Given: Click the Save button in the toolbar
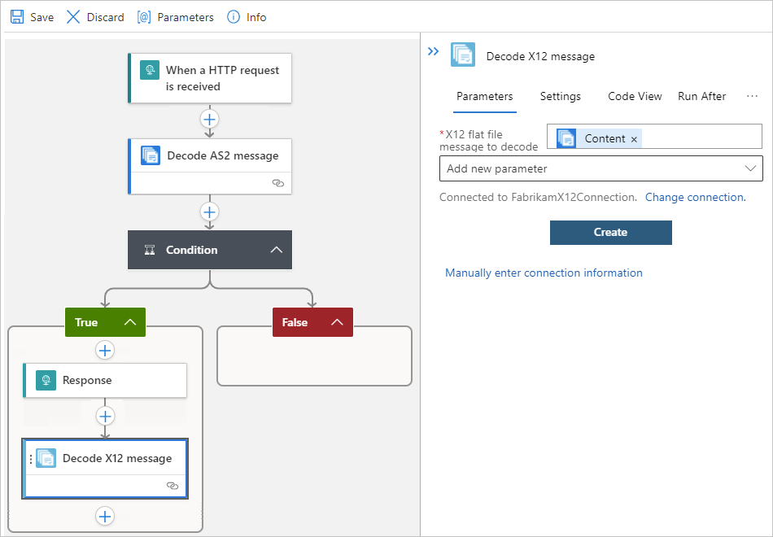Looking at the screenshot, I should pyautogui.click(x=32, y=17).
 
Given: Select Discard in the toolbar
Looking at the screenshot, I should pyautogui.click(x=95, y=17).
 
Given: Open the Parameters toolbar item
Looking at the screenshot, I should pyautogui.click(x=175, y=17).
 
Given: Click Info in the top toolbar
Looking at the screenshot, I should pyautogui.click(x=247, y=17).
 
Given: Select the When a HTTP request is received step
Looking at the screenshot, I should pyautogui.click(x=210, y=78).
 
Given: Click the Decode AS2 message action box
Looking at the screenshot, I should pyautogui.click(x=210, y=155).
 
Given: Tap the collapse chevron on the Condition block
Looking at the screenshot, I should pyautogui.click(x=276, y=250).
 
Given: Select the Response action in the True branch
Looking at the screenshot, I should pyautogui.click(x=105, y=380).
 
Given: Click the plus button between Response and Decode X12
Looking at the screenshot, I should pyautogui.click(x=105, y=416).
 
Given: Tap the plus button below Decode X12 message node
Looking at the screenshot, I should pyautogui.click(x=105, y=516).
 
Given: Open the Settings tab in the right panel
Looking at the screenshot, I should pyautogui.click(x=561, y=96).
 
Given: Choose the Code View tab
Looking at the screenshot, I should pyautogui.click(x=635, y=96).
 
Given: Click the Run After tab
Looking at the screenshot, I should pyautogui.click(x=701, y=96).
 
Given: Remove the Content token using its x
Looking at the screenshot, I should pyautogui.click(x=634, y=139).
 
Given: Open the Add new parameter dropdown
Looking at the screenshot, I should pyautogui.click(x=600, y=168).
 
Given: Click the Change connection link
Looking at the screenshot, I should pyautogui.click(x=695, y=197).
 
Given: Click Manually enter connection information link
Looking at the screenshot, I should pyautogui.click(x=544, y=273).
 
